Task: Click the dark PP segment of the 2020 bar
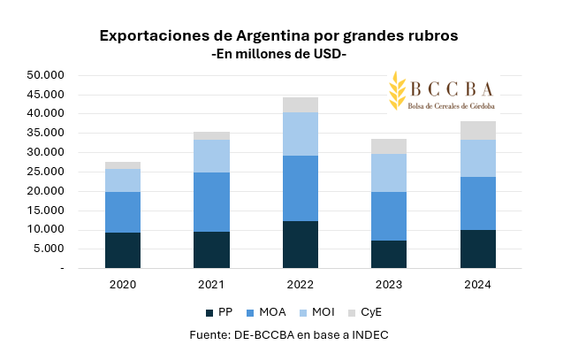(x=123, y=250)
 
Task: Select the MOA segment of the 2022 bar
(x=301, y=188)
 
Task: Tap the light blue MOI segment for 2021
(x=212, y=156)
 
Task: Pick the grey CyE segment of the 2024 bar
(x=477, y=130)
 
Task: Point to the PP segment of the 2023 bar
(x=389, y=254)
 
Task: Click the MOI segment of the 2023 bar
(x=389, y=172)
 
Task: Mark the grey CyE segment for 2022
(x=301, y=104)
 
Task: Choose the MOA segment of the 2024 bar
(x=477, y=203)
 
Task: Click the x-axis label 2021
(x=212, y=285)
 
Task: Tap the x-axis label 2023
(x=389, y=285)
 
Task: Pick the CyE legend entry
(x=364, y=312)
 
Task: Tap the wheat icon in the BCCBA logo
(x=397, y=90)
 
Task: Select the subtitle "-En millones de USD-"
(x=279, y=55)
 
